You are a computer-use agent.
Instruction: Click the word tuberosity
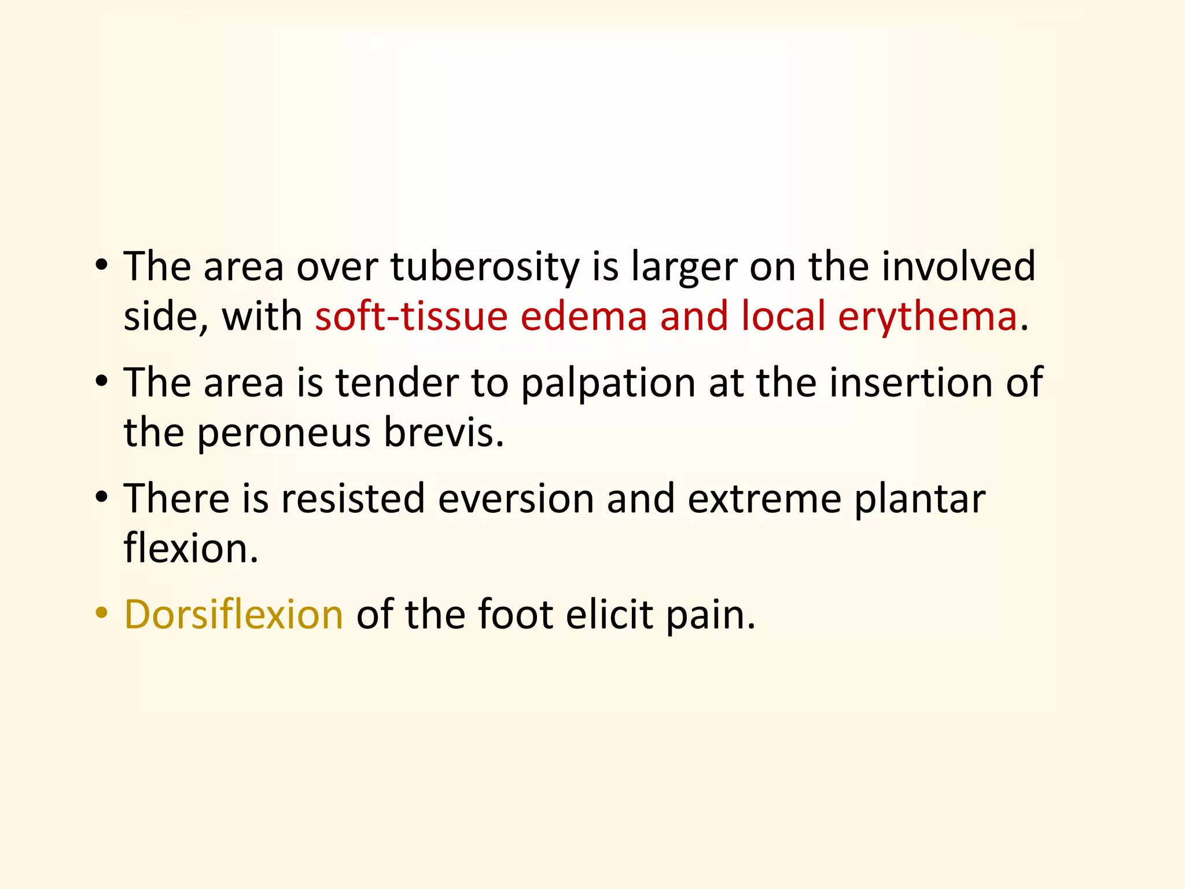pos(485,267)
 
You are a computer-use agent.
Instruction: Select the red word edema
pos(583,317)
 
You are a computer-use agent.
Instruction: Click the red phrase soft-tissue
pos(411,317)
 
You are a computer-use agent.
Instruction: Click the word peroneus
pos(284,434)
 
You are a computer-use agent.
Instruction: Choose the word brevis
pos(443,434)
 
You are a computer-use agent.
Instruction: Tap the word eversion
pos(516,499)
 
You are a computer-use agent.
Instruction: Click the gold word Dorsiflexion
pos(234,615)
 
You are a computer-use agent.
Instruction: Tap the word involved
pos(958,267)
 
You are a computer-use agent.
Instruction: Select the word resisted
pos(352,499)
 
